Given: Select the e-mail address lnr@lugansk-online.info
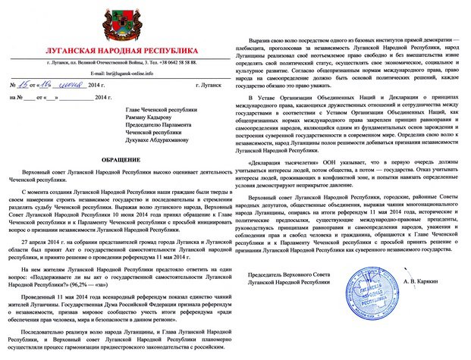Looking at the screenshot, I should pyautogui.click(x=127, y=73).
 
